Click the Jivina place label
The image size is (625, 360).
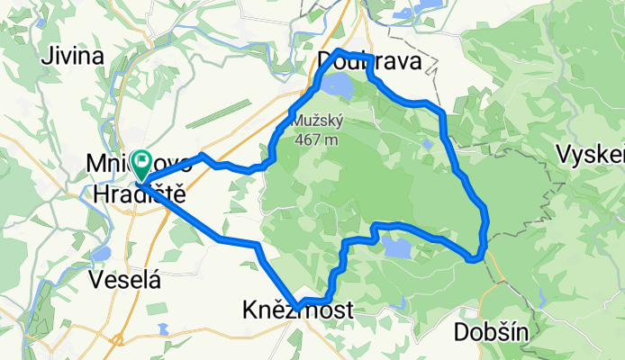72,56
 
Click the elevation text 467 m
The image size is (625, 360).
314,139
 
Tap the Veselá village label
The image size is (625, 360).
126,280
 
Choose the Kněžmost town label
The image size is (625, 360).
297,310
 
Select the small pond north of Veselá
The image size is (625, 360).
100,254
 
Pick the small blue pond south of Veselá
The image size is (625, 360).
162,328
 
